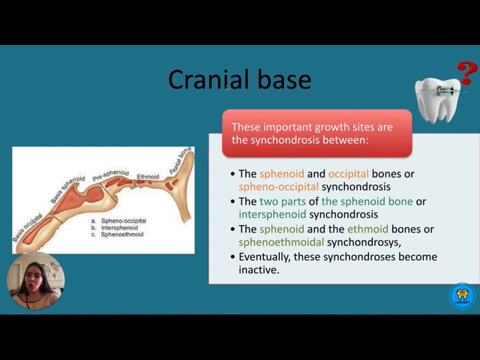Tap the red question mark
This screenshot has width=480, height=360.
[x=466, y=73]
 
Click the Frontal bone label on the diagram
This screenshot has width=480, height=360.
[x=181, y=160]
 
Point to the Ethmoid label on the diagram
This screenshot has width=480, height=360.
[x=148, y=177]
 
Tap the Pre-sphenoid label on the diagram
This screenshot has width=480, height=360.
[x=110, y=175]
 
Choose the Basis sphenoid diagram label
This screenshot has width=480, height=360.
[x=67, y=190]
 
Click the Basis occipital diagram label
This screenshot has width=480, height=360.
[x=27, y=226]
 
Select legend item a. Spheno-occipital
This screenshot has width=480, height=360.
[x=118, y=220]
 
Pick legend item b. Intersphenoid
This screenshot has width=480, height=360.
[x=115, y=228]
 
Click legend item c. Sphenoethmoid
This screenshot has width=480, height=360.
[x=117, y=235]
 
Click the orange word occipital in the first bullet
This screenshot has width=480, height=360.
[x=348, y=174]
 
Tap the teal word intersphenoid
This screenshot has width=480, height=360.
[x=272, y=214]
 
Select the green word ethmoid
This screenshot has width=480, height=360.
[x=367, y=229]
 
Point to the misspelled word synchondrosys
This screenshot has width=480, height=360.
[x=364, y=242]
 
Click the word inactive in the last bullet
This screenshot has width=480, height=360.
[x=259, y=270]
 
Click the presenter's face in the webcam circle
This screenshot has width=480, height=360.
[x=33, y=276]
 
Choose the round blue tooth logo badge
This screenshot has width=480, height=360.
[x=462, y=295]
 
